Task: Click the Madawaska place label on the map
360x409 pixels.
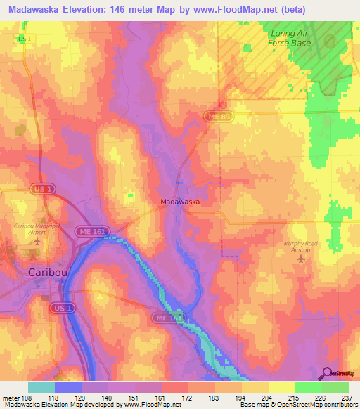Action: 181,202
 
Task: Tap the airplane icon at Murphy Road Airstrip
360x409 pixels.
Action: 302,260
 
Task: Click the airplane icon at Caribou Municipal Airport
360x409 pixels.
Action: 36,242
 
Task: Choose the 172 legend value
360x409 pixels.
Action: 188,396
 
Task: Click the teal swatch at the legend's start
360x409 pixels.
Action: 41,387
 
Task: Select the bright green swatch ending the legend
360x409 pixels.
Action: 335,387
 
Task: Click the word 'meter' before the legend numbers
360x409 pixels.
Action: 12,396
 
